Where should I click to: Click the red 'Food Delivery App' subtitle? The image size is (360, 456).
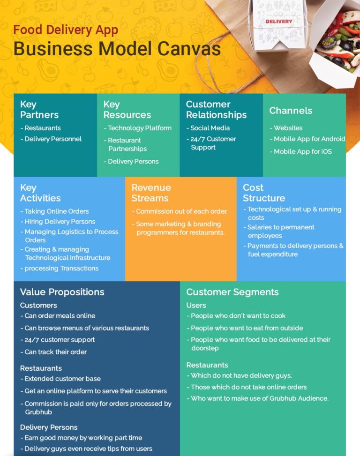pos(66,30)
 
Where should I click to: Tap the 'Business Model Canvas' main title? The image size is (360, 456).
pos(117,49)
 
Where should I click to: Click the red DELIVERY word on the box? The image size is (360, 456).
pos(278,22)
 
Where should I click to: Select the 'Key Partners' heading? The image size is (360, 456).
pos(39,110)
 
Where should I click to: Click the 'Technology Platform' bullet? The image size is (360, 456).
pos(138,128)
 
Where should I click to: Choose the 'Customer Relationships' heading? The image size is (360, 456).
pos(216,110)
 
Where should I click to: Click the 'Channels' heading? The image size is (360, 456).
pos(291,111)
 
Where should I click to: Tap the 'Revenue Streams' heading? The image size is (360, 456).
pos(151,193)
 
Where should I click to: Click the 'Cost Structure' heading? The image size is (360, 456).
pos(263,193)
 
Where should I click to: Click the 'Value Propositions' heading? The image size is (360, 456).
pos(62,292)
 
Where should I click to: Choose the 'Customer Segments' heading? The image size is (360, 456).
pos(232,292)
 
